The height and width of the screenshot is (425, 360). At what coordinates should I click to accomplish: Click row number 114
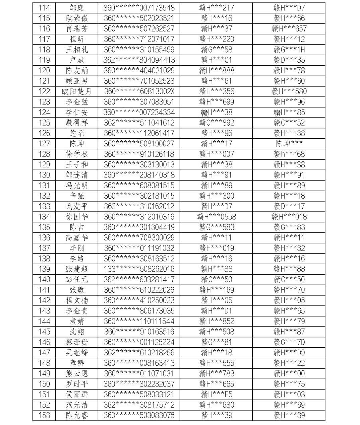click(44, 8)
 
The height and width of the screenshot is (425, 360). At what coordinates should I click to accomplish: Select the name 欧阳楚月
click(76, 91)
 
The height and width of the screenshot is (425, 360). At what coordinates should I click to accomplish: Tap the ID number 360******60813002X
click(139, 91)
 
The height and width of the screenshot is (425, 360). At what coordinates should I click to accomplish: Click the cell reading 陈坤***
click(289, 144)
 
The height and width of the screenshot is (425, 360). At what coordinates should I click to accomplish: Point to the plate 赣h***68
click(289, 154)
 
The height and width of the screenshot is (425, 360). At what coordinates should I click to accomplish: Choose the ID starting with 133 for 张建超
click(139, 269)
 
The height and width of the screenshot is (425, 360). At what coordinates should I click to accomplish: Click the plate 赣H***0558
click(217, 217)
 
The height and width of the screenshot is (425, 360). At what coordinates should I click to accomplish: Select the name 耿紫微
click(76, 18)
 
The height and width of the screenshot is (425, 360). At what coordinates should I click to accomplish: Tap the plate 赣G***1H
click(289, 50)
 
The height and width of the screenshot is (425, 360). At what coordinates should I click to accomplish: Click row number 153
click(44, 415)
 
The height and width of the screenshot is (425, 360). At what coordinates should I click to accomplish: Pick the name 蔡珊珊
click(76, 342)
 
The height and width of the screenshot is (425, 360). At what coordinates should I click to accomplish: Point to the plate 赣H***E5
click(217, 394)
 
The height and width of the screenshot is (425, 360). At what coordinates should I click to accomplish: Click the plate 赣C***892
click(217, 123)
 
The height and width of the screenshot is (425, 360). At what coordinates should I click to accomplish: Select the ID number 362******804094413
click(139, 60)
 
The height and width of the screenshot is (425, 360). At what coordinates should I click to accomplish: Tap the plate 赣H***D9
click(289, 353)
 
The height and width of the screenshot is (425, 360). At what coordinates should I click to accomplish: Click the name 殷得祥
click(76, 123)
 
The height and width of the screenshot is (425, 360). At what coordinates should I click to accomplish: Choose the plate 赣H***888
click(217, 70)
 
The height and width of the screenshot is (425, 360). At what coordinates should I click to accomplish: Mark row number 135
click(44, 227)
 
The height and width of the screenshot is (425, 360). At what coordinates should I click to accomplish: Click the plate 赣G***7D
click(289, 342)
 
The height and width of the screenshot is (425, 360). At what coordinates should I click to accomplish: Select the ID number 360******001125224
click(139, 342)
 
